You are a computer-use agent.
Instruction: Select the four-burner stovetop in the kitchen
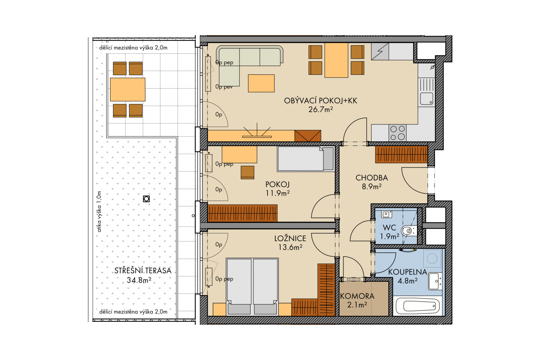pyautogui.click(x=398, y=133)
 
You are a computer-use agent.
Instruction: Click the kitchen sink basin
pyautogui.click(x=426, y=99)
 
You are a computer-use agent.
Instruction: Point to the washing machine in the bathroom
pyautogui.click(x=432, y=258)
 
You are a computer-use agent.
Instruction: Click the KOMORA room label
pyautogui.click(x=357, y=296)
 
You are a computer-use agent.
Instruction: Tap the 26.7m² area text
pyautogui.click(x=321, y=109)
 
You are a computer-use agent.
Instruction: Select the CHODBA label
pyautogui.click(x=372, y=178)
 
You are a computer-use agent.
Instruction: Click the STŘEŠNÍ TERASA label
pyautogui.click(x=143, y=271)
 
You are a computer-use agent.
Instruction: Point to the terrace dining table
pyautogui.click(x=128, y=89)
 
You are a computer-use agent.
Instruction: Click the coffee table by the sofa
pyautogui.click(x=261, y=83)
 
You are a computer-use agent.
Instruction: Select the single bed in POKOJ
pyautogui.click(x=306, y=159)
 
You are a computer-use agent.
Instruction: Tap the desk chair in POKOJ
pyautogui.click(x=247, y=172)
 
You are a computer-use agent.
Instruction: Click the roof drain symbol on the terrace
pyautogui.click(x=146, y=199)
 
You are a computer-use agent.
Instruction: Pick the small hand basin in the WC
pyautogui.click(x=386, y=214)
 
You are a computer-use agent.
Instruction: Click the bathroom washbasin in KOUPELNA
pyautogui.click(x=435, y=281)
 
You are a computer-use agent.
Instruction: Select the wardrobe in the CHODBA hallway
pyautogui.click(x=401, y=154)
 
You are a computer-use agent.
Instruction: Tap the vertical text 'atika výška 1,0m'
pyautogui.click(x=99, y=212)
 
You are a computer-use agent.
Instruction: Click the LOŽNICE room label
pyautogui.click(x=290, y=238)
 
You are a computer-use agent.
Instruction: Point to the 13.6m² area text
pyautogui.click(x=290, y=247)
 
